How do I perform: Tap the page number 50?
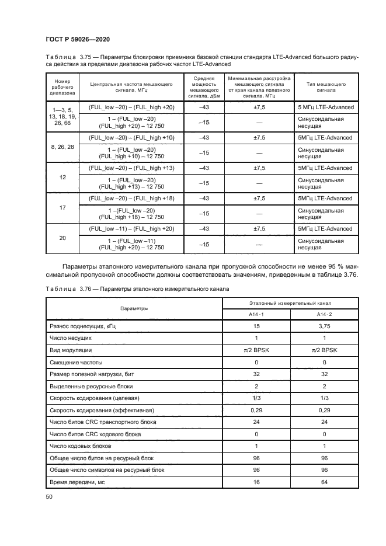(x=49, y=497)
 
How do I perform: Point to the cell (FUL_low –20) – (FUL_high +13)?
(x=131, y=168)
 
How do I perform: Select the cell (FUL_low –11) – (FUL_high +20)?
(x=131, y=229)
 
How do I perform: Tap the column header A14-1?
(x=256, y=315)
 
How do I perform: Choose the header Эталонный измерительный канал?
(x=290, y=303)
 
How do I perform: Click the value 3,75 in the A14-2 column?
(x=324, y=328)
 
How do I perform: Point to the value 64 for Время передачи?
(x=324, y=482)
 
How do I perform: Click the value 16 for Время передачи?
(x=256, y=482)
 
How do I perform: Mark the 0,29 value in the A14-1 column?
(x=256, y=411)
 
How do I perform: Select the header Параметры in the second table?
(x=134, y=308)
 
